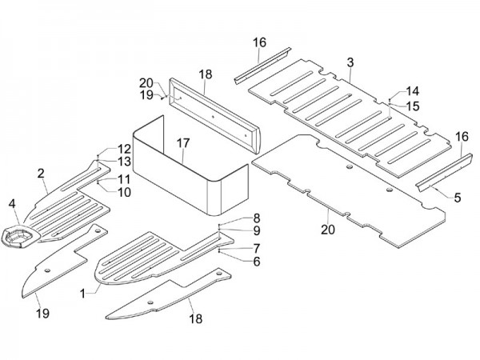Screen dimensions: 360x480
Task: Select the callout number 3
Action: coord(350,62)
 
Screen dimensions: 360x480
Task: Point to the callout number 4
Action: coord(13,203)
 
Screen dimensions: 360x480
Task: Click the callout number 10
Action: coord(125,192)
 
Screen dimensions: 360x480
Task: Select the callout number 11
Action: coord(125,178)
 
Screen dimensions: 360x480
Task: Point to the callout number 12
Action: coord(125,149)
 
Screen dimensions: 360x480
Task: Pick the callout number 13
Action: coord(125,162)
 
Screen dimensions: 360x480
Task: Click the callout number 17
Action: coord(183,143)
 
